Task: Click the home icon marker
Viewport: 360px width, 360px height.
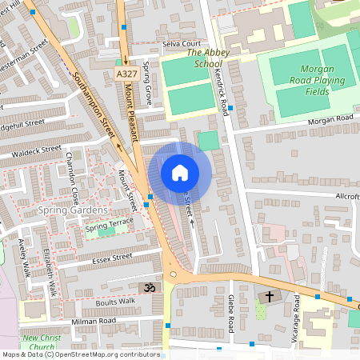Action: tap(180, 173)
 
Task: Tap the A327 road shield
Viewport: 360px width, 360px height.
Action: tap(124, 74)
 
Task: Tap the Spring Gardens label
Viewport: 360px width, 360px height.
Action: tap(72, 210)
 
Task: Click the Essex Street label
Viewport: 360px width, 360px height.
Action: tap(111, 258)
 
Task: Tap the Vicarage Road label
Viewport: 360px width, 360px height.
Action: tap(295, 316)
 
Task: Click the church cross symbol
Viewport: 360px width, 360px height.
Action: tap(269, 297)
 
